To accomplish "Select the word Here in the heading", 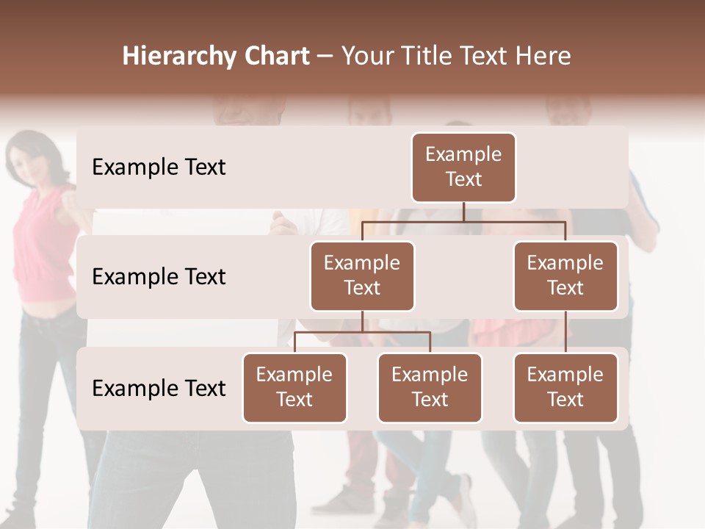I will pyautogui.click(x=544, y=57).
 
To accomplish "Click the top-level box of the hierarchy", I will pyautogui.click(x=463, y=168).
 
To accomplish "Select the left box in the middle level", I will pyautogui.click(x=362, y=276).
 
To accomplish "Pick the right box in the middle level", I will pyautogui.click(x=565, y=276).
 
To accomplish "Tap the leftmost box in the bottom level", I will pyautogui.click(x=294, y=388).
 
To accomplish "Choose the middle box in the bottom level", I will pyautogui.click(x=430, y=388).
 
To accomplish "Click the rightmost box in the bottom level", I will pyautogui.click(x=565, y=388).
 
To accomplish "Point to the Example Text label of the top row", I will pyautogui.click(x=159, y=168).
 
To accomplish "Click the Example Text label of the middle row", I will pyautogui.click(x=159, y=277).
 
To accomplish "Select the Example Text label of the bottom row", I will pyautogui.click(x=159, y=389).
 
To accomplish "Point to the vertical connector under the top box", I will pyautogui.click(x=463, y=212).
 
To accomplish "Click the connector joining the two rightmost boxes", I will pyautogui.click(x=565, y=332).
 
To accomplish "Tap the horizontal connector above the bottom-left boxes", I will pyautogui.click(x=362, y=332).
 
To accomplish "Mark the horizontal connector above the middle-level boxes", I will pyautogui.click(x=463, y=221).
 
